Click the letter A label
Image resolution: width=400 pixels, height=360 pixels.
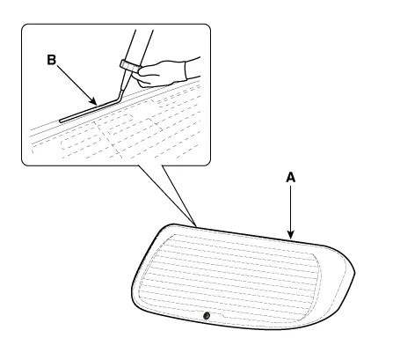(x=290, y=178)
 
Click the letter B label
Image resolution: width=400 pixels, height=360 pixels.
(x=52, y=60)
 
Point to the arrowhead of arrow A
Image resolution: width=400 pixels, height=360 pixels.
(x=290, y=235)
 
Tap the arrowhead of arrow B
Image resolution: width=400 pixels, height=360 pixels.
(x=94, y=102)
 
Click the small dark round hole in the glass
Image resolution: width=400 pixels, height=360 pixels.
(x=207, y=316)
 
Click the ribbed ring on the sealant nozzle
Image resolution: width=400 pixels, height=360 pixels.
(x=129, y=66)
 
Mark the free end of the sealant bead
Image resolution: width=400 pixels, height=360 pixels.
(x=61, y=121)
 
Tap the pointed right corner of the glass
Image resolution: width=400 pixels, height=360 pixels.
(x=354, y=274)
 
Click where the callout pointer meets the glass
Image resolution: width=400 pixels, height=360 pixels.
(x=195, y=226)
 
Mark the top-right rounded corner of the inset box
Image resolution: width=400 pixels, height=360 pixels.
(x=207, y=27)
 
